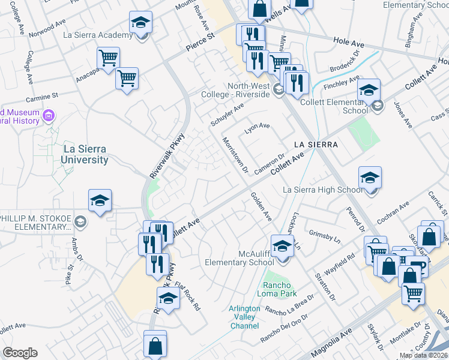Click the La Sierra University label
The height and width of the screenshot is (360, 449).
[85, 154]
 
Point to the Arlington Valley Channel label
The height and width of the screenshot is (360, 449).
[244, 317]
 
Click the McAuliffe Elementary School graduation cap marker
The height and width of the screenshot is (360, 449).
[282, 247]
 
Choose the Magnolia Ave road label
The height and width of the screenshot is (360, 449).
[331, 346]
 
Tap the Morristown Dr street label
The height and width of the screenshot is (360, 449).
[235, 155]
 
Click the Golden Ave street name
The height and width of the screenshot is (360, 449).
[261, 205]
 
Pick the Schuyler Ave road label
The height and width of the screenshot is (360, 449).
[227, 114]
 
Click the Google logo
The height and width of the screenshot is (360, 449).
[20, 353]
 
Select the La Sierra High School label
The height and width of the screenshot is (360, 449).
[322, 190]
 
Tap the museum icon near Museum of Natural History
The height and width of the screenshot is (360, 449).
[49, 115]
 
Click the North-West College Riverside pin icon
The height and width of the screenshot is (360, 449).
[278, 90]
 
